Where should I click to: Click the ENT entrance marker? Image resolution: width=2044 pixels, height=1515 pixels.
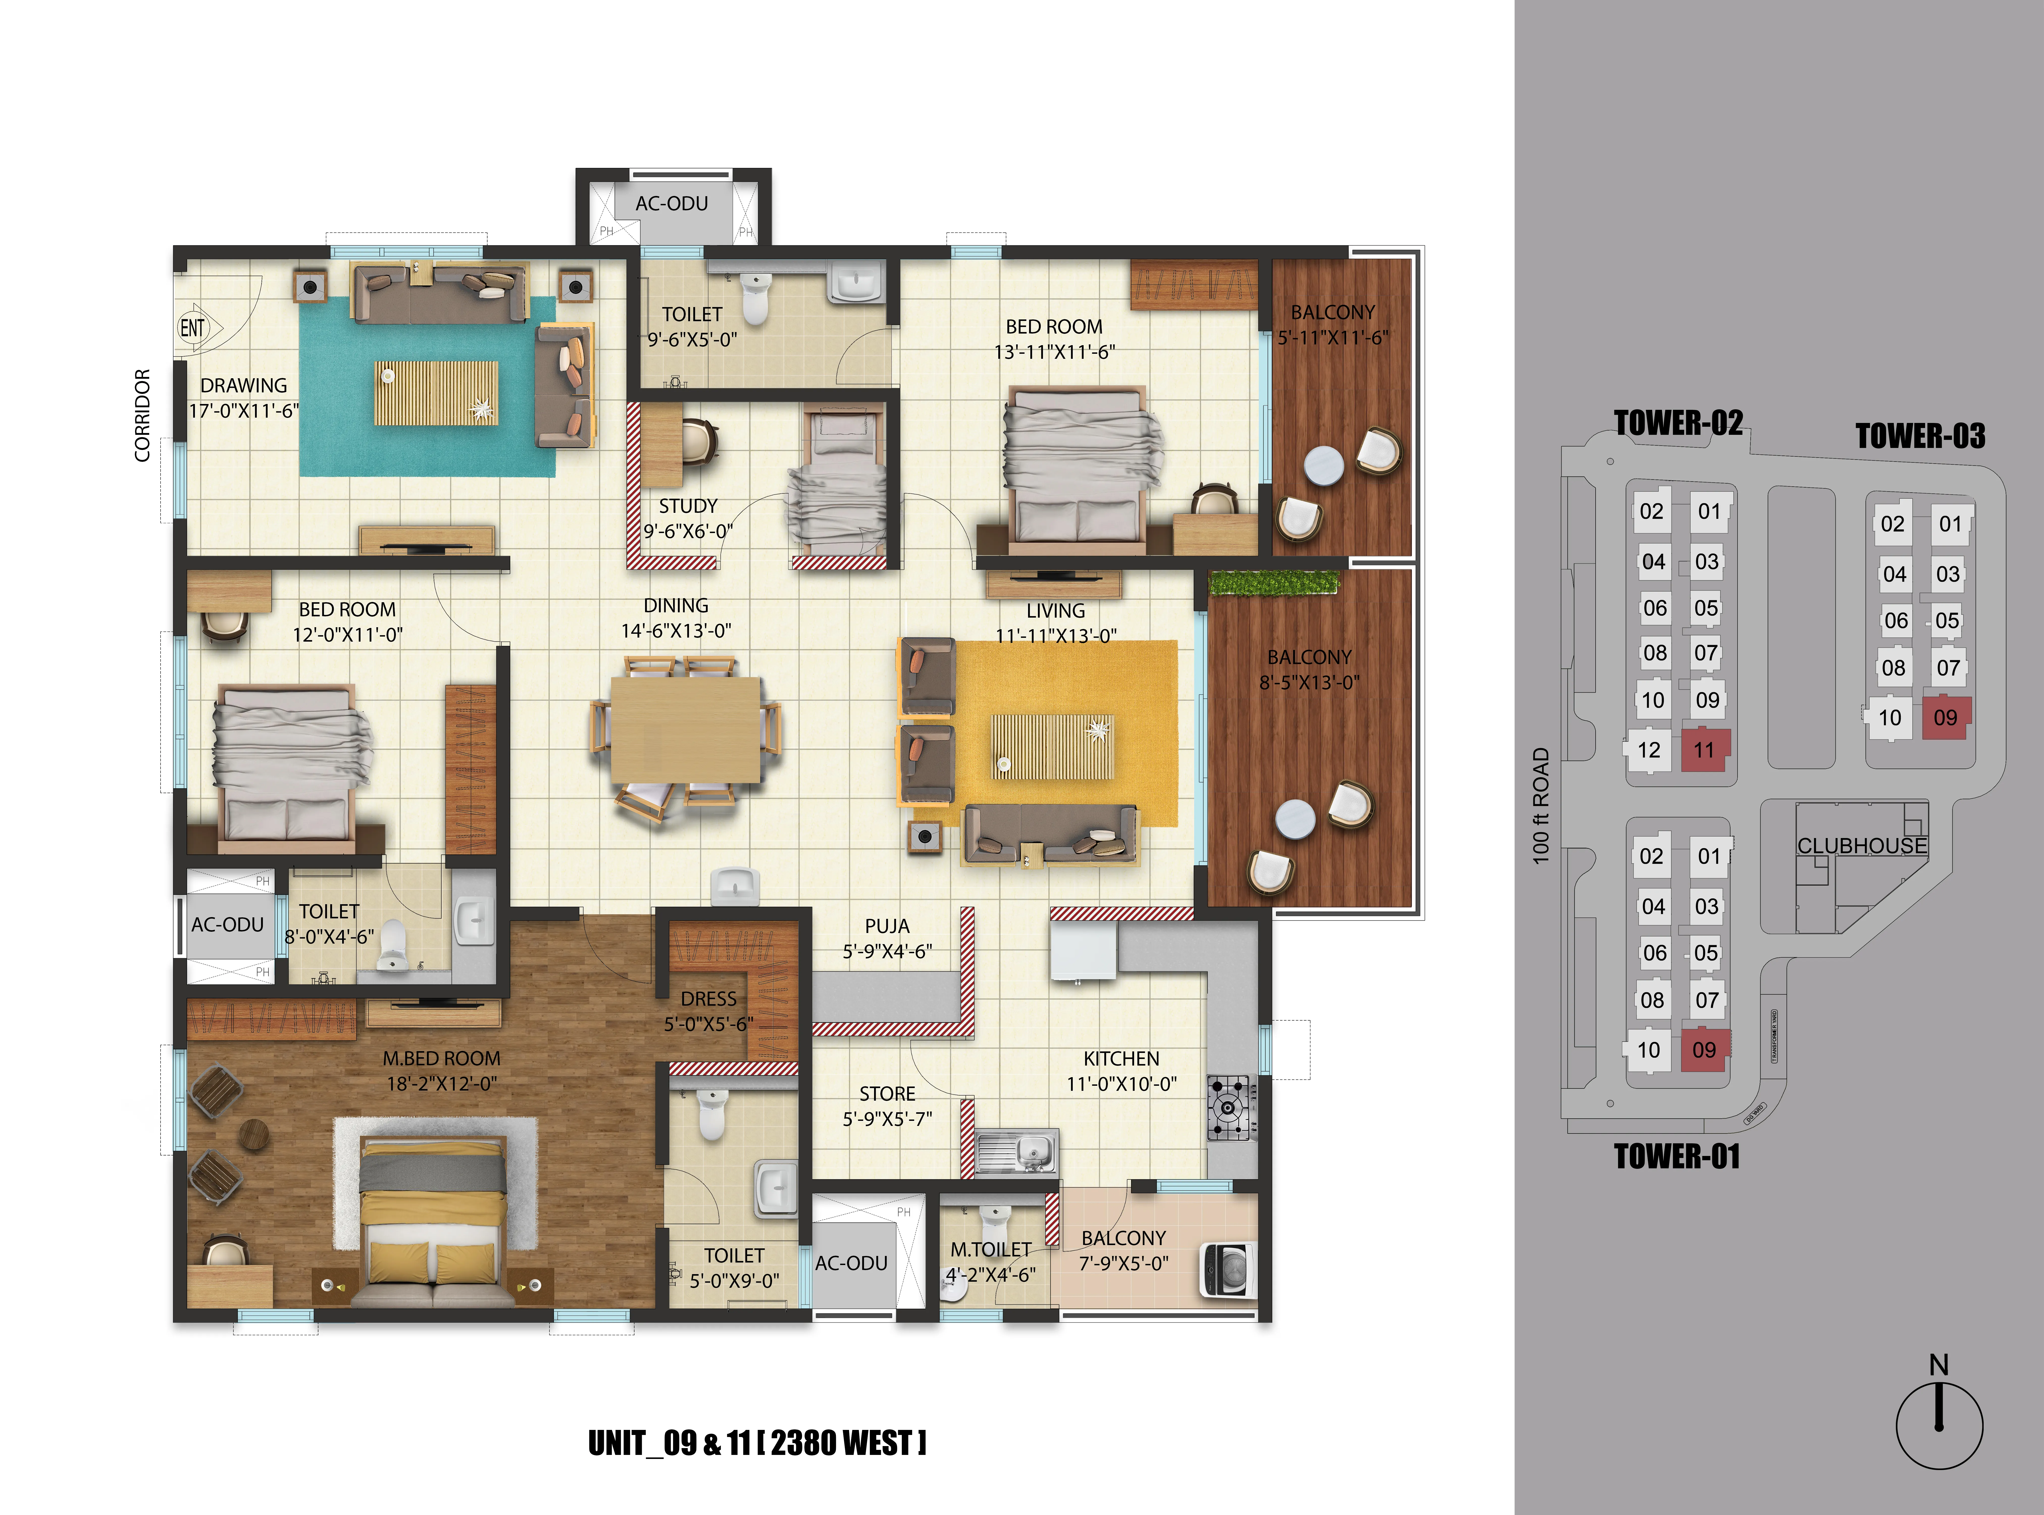pyautogui.click(x=193, y=327)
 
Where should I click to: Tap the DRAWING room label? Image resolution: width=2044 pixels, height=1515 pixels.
pyautogui.click(x=244, y=385)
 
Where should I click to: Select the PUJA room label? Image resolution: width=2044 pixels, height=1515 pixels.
pyautogui.click(x=887, y=926)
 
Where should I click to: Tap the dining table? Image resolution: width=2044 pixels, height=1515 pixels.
pyautogui.click(x=685, y=730)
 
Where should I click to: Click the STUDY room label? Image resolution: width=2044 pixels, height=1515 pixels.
pyautogui.click(x=688, y=506)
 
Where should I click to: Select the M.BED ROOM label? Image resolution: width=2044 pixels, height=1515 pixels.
pyautogui.click(x=441, y=1058)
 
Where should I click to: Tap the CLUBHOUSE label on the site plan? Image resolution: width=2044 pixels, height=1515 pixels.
pyautogui.click(x=1861, y=846)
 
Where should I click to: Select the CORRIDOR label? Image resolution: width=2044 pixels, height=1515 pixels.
pyautogui.click(x=142, y=415)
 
